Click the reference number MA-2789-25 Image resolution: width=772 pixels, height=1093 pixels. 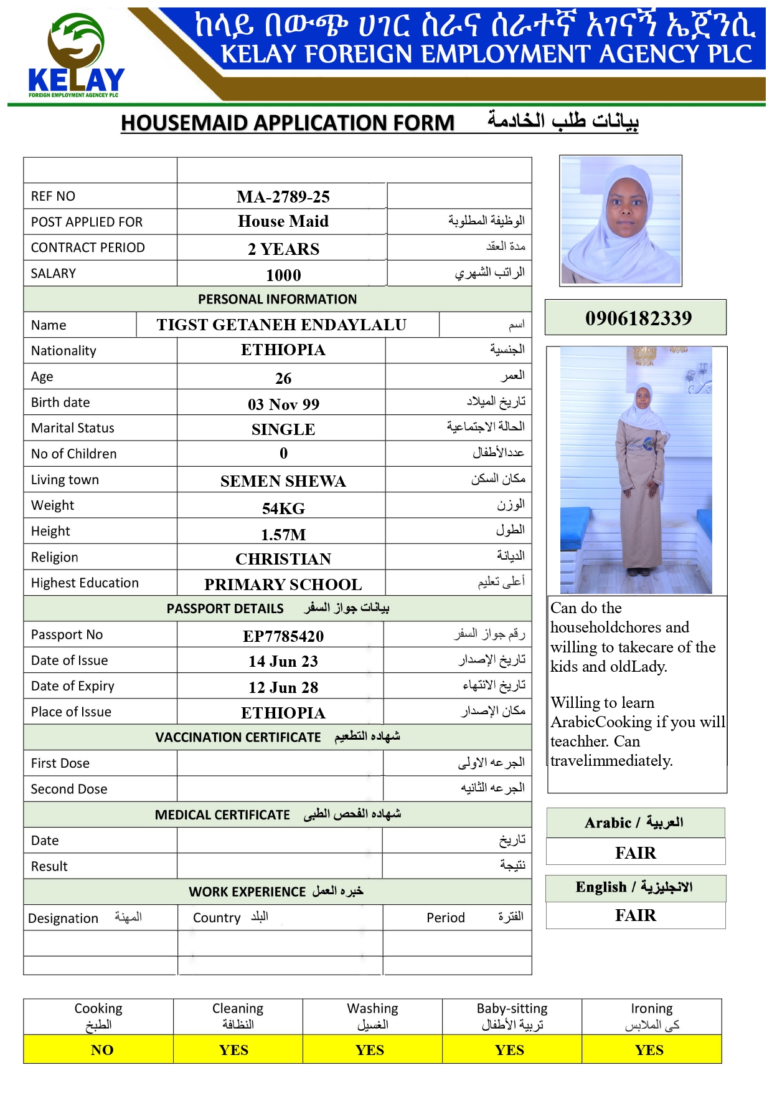pyautogui.click(x=283, y=197)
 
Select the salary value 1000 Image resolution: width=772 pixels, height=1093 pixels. pyautogui.click(x=283, y=275)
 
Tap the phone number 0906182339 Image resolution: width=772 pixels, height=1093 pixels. pyautogui.click(x=638, y=318)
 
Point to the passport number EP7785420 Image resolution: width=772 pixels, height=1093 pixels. pyautogui.click(x=283, y=636)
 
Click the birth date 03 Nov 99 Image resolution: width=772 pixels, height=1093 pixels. pyautogui.click(x=283, y=404)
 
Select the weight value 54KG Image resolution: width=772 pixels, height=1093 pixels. pyautogui.click(x=283, y=508)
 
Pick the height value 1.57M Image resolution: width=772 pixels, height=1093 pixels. pyautogui.click(x=283, y=535)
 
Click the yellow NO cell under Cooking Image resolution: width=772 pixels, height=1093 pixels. pyautogui.click(x=101, y=1050)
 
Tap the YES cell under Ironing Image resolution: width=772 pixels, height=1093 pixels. pyautogui.click(x=649, y=1050)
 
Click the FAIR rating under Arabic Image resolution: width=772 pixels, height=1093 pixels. pyautogui.click(x=636, y=853)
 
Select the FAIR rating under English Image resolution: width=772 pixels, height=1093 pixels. pyautogui.click(x=636, y=915)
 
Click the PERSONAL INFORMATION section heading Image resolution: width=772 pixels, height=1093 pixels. pyautogui.click(x=278, y=299)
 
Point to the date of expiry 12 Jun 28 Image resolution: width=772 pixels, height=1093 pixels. pyautogui.click(x=283, y=687)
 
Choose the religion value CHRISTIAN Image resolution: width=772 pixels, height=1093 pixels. pyautogui.click(x=283, y=559)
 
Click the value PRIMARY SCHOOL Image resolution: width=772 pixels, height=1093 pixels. pyautogui.click(x=283, y=585)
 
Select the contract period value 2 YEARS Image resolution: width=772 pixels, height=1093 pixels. pyautogui.click(x=283, y=249)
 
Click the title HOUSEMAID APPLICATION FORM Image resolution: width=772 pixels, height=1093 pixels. pyautogui.click(x=288, y=123)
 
